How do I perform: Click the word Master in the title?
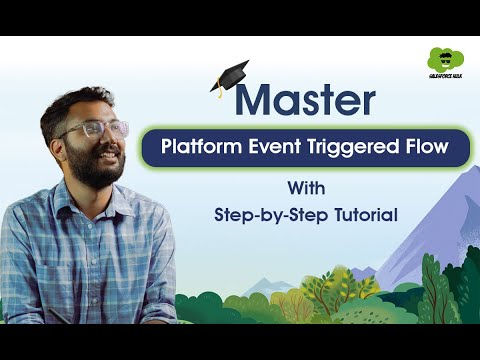pos(308,100)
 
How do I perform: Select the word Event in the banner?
pos(280,149)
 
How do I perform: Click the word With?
pos(305,188)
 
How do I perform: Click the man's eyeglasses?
pos(95,130)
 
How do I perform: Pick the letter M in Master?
pos(257,100)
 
